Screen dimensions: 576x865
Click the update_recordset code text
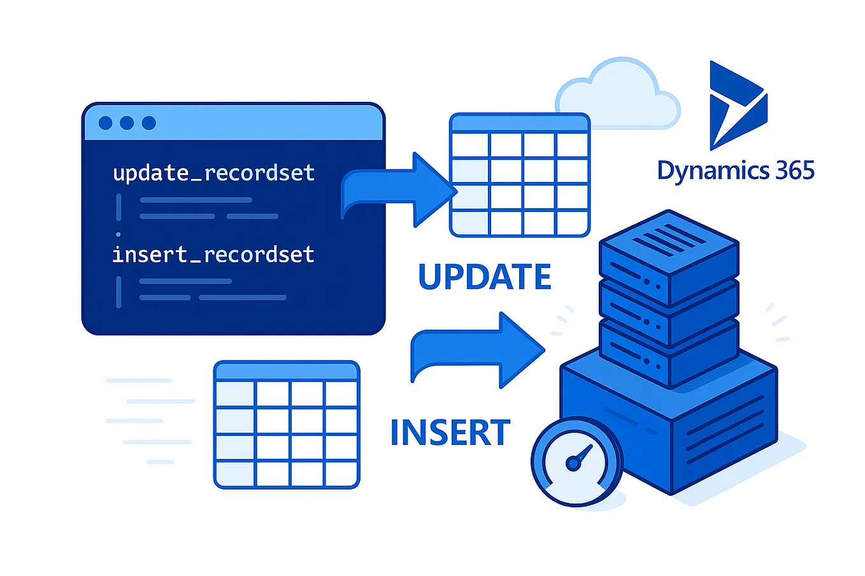(x=213, y=173)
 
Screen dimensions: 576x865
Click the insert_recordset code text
(x=213, y=255)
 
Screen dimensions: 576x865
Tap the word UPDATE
(x=485, y=277)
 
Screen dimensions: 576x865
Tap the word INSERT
(x=450, y=433)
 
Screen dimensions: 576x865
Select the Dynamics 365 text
(x=735, y=171)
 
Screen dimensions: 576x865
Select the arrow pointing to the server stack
(x=478, y=350)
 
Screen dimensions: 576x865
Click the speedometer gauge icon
(x=576, y=461)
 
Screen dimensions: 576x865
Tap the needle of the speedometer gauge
(x=581, y=455)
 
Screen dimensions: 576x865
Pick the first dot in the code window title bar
(x=106, y=123)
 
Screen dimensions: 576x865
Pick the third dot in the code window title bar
(x=149, y=123)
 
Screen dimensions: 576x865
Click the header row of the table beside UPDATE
(x=519, y=123)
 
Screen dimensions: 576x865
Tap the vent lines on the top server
(x=672, y=239)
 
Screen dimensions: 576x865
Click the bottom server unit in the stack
(x=669, y=353)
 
